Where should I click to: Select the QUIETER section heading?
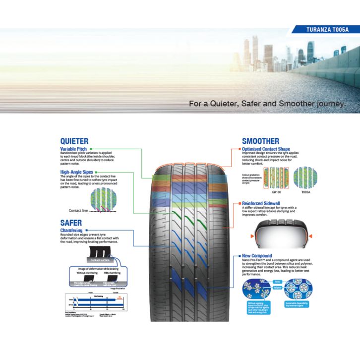[x=74, y=141]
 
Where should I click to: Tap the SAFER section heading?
[x=71, y=223]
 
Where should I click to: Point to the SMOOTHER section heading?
[x=260, y=141]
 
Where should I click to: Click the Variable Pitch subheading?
[x=74, y=149]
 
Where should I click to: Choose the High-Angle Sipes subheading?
[x=77, y=172]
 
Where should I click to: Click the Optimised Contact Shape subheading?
[x=266, y=149]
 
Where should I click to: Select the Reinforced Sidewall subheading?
[x=262, y=203]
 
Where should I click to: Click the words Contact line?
[x=78, y=210]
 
